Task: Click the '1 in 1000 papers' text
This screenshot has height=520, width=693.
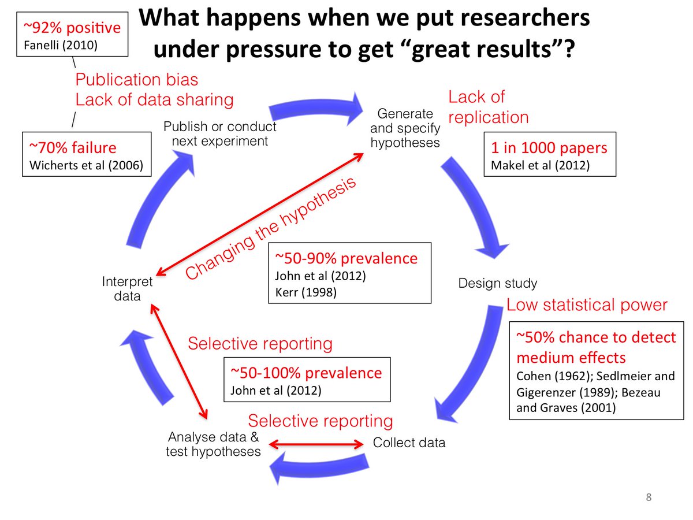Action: click(x=549, y=148)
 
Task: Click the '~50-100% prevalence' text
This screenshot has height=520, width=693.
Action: click(x=306, y=373)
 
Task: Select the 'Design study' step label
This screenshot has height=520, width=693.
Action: click(x=497, y=283)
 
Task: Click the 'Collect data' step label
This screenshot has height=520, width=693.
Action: click(x=409, y=443)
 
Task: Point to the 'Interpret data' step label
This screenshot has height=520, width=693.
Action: click(x=127, y=289)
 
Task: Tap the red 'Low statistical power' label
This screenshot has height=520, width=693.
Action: click(x=587, y=305)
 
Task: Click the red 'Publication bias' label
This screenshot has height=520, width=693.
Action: click(x=137, y=80)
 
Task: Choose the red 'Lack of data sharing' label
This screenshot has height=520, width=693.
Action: click(x=154, y=99)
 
